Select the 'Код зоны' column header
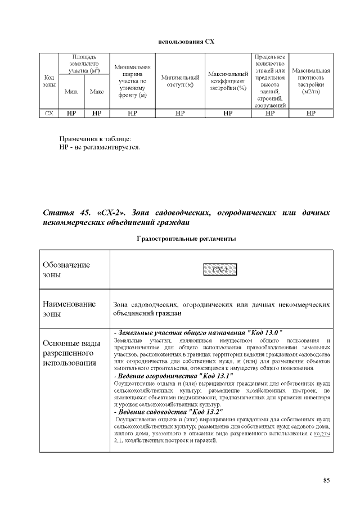[49, 80]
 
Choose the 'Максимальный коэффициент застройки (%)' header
[228, 80]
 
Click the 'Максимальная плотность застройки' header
[310, 80]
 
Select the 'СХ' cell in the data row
[49, 113]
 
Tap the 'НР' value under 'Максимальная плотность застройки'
[310, 113]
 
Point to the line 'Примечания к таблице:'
[96, 139]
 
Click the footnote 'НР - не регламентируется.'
[100, 147]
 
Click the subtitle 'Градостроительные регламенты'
[186, 239]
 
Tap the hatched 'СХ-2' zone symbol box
[220, 269]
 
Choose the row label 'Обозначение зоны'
[66, 269]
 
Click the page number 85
[326, 480]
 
